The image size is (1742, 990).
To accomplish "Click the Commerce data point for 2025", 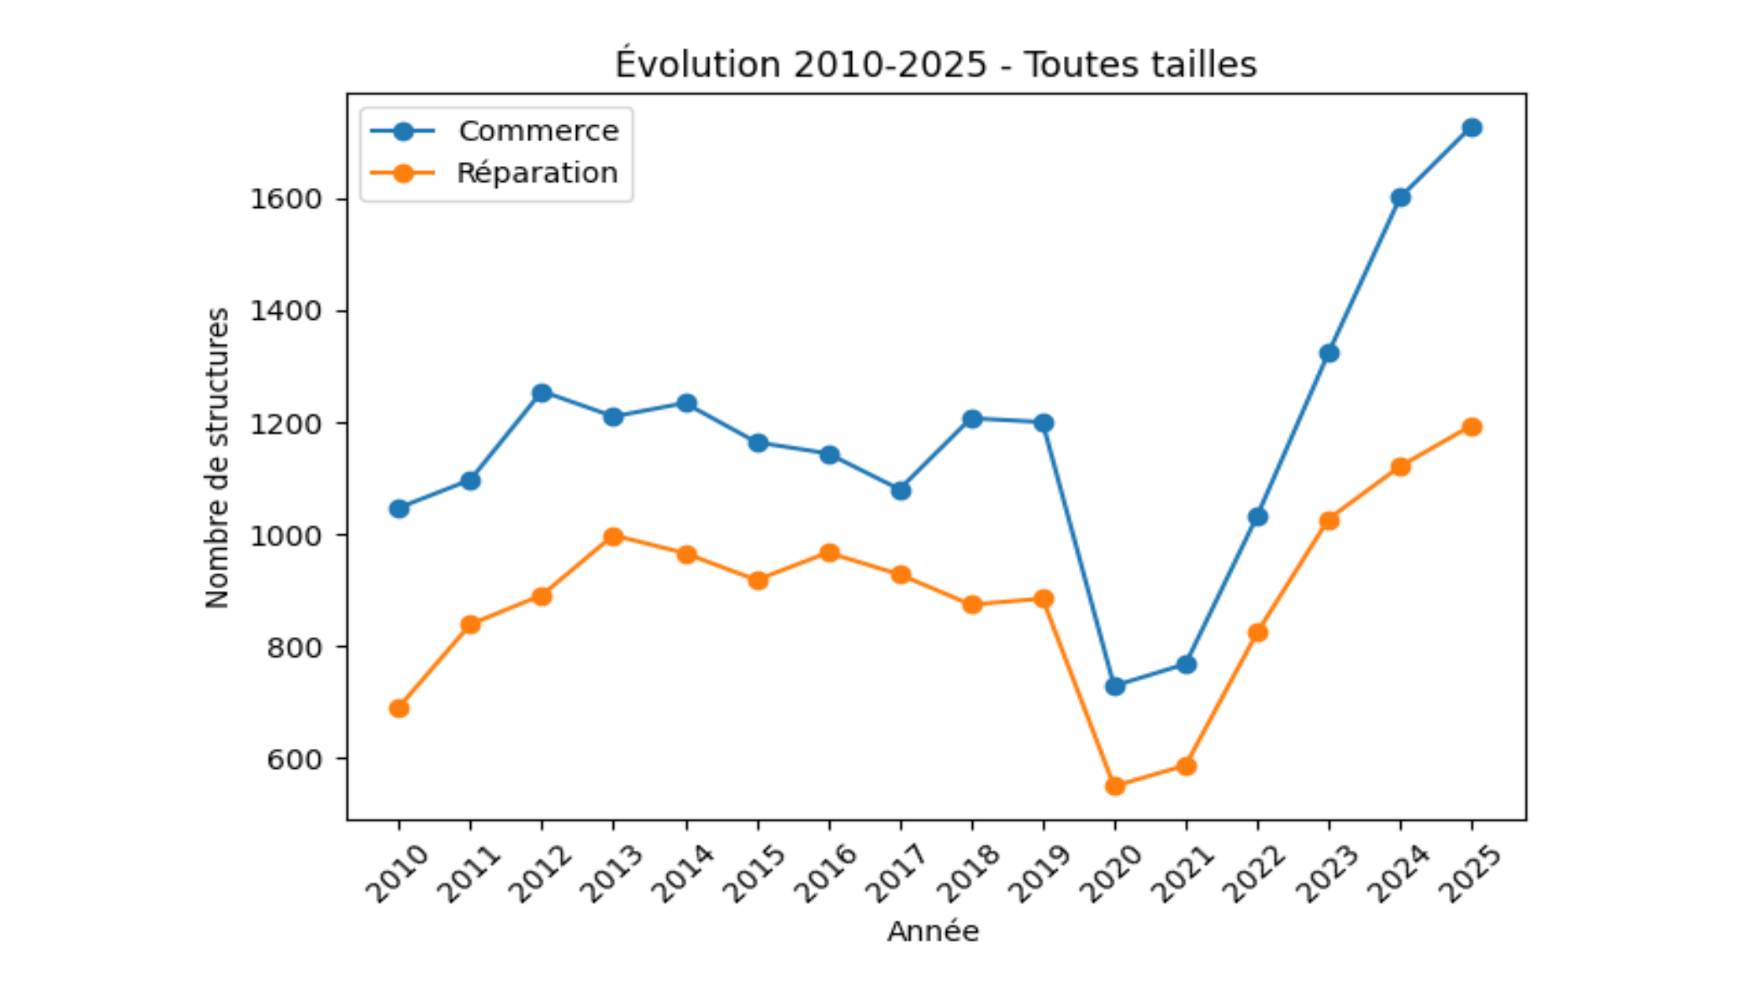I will click(1471, 128).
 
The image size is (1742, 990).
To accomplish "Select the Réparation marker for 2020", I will click(1115, 786).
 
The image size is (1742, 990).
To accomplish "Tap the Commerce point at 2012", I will click(542, 393).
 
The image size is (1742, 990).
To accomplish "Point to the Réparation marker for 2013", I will click(613, 537).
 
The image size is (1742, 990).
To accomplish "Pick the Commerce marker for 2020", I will click(1115, 686).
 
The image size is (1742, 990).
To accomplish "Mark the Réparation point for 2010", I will click(399, 709).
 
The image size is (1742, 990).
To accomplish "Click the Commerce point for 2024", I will click(1400, 198).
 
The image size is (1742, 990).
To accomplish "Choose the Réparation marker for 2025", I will click(1471, 427).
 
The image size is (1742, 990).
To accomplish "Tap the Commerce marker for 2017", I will click(900, 491).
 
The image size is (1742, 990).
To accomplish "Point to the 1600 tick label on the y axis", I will click(286, 200).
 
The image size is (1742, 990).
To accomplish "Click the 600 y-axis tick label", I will click(294, 760).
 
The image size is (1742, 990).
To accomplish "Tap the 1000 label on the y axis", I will click(286, 536).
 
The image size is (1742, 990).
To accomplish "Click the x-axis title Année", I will click(933, 932).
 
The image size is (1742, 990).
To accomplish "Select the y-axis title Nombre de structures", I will click(217, 457).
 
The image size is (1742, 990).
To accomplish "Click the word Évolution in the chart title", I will click(698, 64).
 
